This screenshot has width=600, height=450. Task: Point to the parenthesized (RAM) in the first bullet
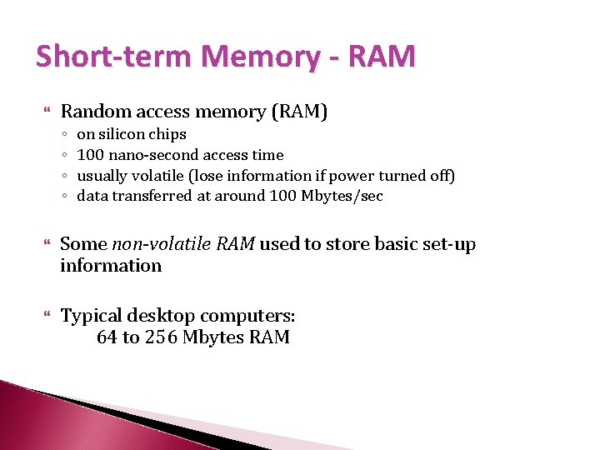coord(299,111)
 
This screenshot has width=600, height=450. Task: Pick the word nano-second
coord(149,155)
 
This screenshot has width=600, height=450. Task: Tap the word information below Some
coord(111,266)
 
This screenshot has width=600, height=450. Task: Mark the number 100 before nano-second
coord(88,155)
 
